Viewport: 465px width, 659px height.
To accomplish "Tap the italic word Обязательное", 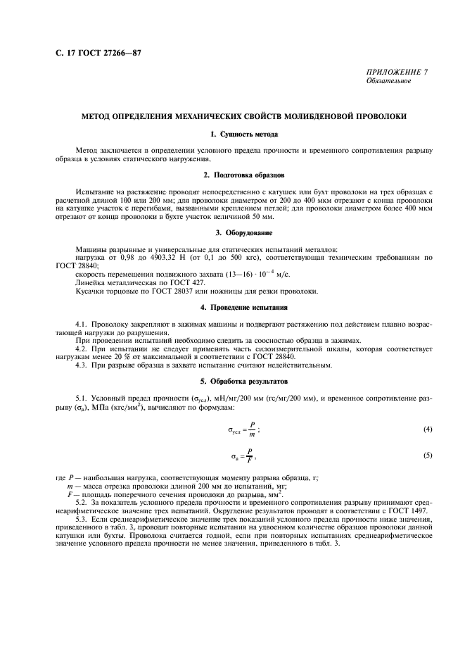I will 388,81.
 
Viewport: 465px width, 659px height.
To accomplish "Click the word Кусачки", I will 89,291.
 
